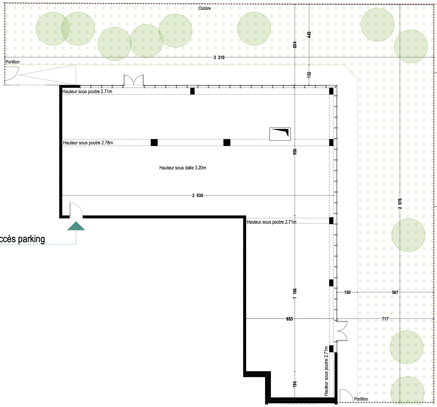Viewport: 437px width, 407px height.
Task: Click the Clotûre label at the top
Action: [x=205, y=8]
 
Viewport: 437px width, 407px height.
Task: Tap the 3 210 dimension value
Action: [x=219, y=57]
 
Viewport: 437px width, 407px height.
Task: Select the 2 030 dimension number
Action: [x=198, y=195]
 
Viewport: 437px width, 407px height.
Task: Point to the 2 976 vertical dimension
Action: [x=400, y=204]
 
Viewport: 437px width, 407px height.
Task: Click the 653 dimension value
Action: [x=289, y=319]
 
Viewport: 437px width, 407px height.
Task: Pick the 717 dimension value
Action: [x=385, y=319]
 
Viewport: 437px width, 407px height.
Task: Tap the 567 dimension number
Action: [x=395, y=292]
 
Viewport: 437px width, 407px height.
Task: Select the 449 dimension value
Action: [x=309, y=35]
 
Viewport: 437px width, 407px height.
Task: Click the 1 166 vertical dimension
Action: [x=295, y=293]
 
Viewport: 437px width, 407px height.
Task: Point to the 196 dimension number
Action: [x=295, y=384]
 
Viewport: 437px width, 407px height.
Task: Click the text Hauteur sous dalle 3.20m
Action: [x=183, y=168]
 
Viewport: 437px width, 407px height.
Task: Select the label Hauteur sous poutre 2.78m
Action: [x=88, y=143]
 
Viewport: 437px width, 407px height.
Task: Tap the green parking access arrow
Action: [x=76, y=226]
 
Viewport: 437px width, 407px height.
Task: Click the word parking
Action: [x=31, y=239]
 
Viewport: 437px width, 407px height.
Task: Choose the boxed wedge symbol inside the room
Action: [x=280, y=134]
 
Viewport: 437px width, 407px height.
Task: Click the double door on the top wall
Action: [x=134, y=80]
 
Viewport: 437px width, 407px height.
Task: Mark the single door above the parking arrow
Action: [x=76, y=209]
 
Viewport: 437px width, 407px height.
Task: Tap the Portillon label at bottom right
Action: [x=361, y=399]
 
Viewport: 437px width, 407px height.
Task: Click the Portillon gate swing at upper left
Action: [x=12, y=73]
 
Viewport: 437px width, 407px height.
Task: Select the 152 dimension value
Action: [x=309, y=75]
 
